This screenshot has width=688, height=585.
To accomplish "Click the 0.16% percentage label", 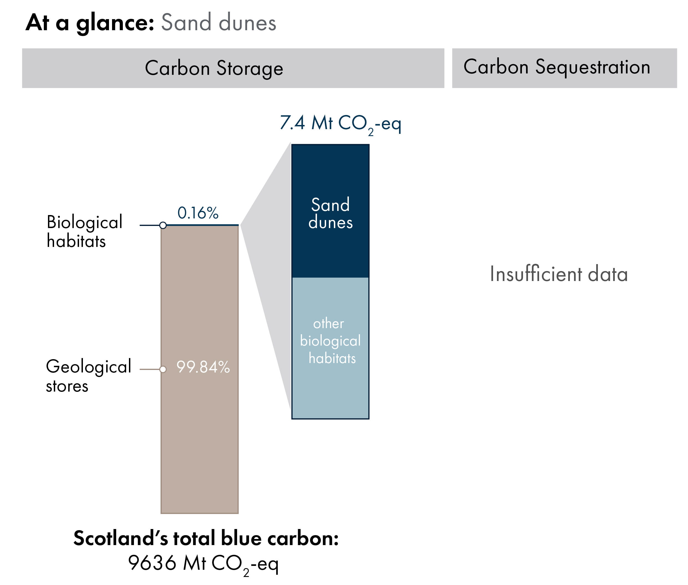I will coord(197,213).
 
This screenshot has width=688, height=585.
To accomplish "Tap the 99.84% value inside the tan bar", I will coord(203,367).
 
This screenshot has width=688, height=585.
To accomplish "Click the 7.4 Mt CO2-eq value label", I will coord(340,124).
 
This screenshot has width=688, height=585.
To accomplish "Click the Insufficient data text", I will coord(558,274).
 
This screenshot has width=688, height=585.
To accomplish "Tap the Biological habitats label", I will coord(84,231).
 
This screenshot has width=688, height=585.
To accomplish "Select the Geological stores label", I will coord(88,376).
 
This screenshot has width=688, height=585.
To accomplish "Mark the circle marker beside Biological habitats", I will coord(163,226).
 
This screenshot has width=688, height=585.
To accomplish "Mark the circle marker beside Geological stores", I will coord(163,369).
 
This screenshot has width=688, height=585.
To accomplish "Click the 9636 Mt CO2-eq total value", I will coord(203,563).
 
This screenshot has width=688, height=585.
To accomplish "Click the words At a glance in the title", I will coord(90,22).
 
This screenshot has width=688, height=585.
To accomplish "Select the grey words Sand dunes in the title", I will coord(219,22).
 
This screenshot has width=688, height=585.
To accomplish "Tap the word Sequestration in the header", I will coord(592,67).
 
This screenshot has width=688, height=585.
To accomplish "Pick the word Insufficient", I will coord(536,274).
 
